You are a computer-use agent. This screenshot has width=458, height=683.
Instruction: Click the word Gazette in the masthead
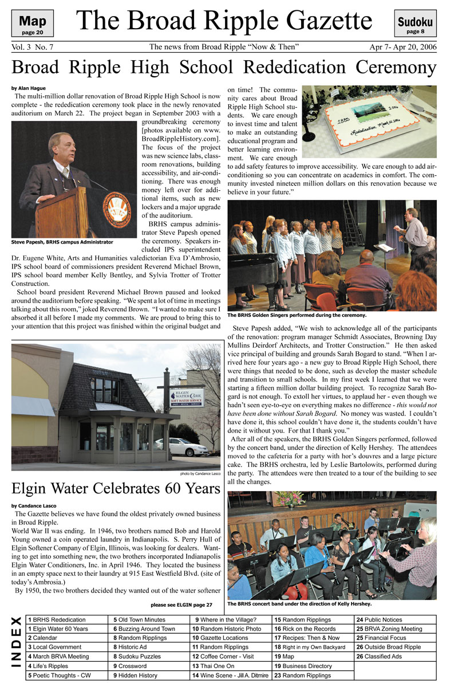point(320,22)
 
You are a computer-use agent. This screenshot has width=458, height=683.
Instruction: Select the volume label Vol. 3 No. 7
point(33,47)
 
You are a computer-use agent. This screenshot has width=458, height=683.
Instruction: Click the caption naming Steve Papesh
point(62,242)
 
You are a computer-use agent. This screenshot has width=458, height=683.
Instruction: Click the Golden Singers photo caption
point(297,315)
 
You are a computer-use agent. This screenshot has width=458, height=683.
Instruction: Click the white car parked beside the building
point(180,447)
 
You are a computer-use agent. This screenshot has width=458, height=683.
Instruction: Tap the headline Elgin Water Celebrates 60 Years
point(116,489)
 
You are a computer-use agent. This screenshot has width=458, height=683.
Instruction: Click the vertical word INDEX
point(17,647)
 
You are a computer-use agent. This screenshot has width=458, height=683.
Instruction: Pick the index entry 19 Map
point(285,657)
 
